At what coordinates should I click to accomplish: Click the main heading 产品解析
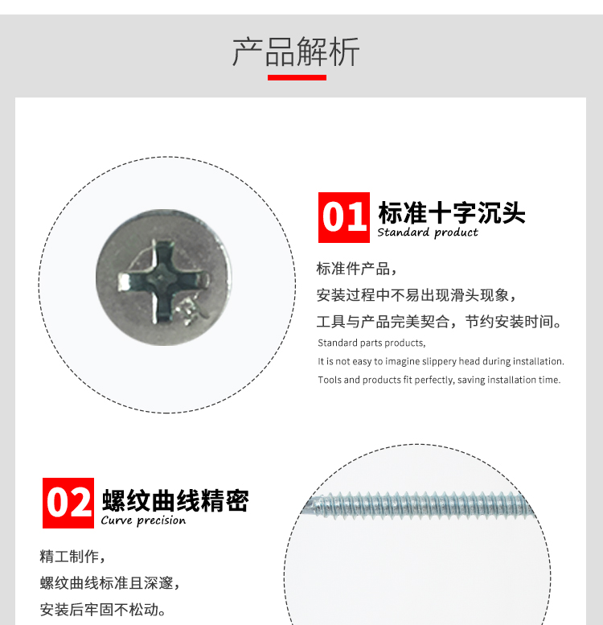click(296, 51)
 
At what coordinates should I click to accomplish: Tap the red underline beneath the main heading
click(297, 77)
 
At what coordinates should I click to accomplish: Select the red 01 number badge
click(344, 217)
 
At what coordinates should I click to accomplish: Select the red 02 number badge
click(68, 503)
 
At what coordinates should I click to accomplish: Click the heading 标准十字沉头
click(452, 212)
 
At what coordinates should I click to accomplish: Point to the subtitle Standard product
click(428, 232)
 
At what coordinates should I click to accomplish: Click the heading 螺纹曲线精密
click(175, 500)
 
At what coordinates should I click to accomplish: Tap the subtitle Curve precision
click(143, 520)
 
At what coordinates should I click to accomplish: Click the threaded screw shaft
click(418, 504)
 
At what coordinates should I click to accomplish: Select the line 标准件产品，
click(357, 269)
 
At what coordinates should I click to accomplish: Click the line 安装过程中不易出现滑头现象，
click(416, 295)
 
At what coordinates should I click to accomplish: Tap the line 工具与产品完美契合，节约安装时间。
click(439, 322)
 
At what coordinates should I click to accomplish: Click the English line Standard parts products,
click(371, 343)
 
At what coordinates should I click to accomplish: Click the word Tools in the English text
click(330, 380)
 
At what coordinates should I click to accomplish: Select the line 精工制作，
click(72, 557)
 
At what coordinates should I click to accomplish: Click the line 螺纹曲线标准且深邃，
click(110, 583)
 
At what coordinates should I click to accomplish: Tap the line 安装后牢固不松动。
click(103, 610)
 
